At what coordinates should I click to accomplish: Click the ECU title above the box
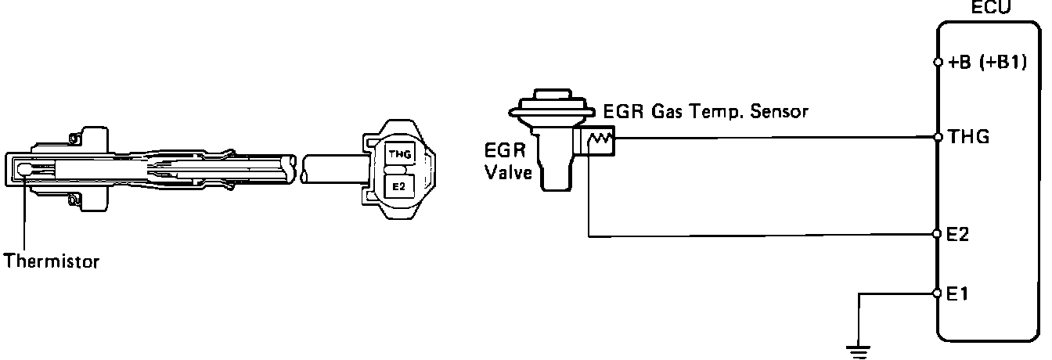(991, 7)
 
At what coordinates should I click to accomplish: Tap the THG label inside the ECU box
(969, 137)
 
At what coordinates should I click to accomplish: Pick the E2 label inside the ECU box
(958, 234)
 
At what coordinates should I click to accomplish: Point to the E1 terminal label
(957, 293)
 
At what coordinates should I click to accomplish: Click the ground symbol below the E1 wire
(859, 352)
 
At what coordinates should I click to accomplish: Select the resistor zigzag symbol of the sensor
(600, 139)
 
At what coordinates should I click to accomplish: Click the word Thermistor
(52, 261)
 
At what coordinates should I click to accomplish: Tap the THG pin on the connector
(400, 153)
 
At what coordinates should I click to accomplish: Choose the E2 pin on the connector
(398, 187)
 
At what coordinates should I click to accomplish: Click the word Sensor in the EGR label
(779, 111)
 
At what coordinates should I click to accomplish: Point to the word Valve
(508, 172)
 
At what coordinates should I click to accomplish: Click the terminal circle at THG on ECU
(938, 137)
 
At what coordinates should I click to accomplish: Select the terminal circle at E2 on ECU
(938, 234)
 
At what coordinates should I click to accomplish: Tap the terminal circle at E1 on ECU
(938, 293)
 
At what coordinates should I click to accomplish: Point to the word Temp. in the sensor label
(715, 112)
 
